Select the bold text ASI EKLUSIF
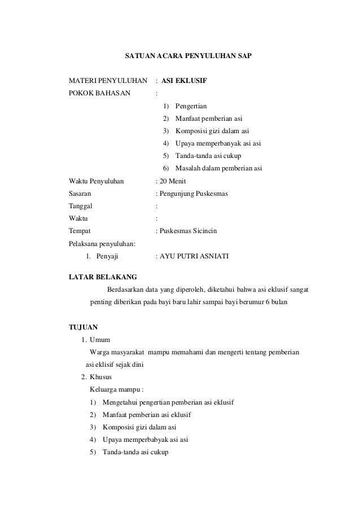click(184, 82)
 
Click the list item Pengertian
click(191, 106)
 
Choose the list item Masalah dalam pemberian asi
click(218, 168)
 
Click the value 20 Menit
click(169, 181)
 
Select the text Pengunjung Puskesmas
click(193, 193)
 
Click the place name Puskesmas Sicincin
click(191, 230)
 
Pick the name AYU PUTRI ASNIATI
click(194, 256)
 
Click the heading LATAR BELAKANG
click(98, 277)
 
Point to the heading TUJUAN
click(83, 327)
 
